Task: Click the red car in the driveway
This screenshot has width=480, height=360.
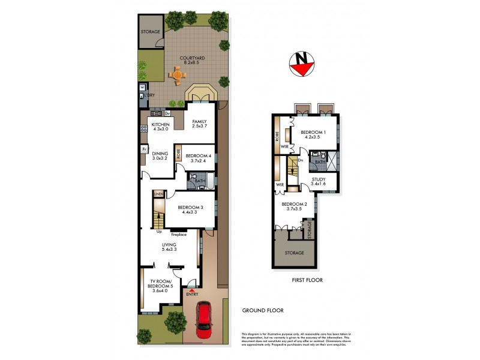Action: tap(205, 318)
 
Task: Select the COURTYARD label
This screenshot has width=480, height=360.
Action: tap(193, 61)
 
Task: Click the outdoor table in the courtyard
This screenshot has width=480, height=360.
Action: tap(177, 75)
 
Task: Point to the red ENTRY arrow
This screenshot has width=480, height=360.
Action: tap(192, 290)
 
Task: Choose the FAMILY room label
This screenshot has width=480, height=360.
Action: tap(199, 124)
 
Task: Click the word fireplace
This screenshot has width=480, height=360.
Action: tap(178, 234)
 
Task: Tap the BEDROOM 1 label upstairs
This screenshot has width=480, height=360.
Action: tap(313, 134)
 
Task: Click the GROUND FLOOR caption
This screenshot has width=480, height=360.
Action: tap(262, 311)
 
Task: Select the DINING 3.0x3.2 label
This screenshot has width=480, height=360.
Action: tap(159, 156)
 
